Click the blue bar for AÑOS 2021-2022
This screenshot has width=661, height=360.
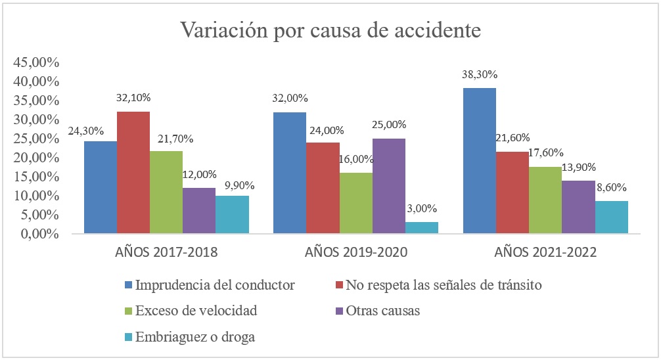[x=480, y=161]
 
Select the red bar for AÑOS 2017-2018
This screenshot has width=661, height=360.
[x=133, y=173]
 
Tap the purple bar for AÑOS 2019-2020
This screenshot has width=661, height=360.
[x=388, y=186]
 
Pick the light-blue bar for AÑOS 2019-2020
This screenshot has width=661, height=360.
[x=421, y=227]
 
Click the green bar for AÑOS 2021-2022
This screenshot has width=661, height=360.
[x=545, y=200]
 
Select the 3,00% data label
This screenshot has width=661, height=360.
[x=422, y=209]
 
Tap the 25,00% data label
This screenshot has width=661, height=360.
[x=390, y=125]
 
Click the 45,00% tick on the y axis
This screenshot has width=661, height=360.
[x=36, y=63]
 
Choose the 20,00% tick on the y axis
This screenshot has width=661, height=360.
[x=36, y=158]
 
